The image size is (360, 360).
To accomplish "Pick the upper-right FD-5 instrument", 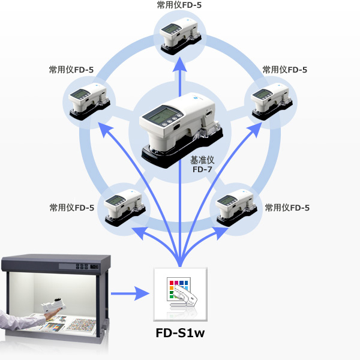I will coord(269,102).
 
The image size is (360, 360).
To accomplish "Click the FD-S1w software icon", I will coord(179,293).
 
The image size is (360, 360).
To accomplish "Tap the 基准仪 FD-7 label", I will coord(202,166).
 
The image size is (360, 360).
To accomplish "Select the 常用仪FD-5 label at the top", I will coord(180,5).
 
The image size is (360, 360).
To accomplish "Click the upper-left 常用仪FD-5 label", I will coord(71,70).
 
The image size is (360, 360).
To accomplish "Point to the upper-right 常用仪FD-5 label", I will coord(285,70).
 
